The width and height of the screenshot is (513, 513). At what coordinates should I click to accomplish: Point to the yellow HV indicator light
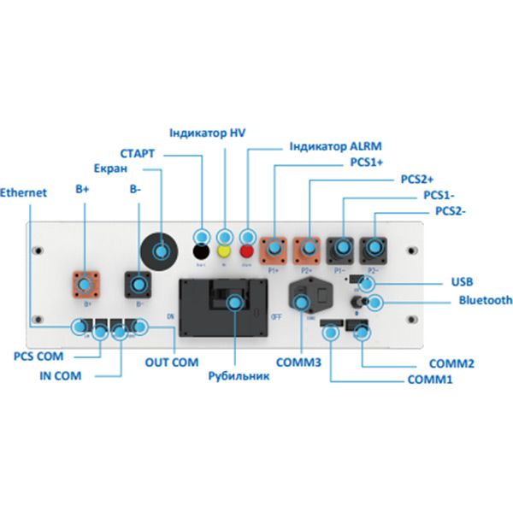(x=224, y=252)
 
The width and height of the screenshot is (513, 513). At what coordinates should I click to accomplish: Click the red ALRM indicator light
(x=248, y=252)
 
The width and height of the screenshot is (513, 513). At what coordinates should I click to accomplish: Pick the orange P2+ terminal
(x=308, y=249)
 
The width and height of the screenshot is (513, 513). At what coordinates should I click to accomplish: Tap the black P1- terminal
(x=341, y=249)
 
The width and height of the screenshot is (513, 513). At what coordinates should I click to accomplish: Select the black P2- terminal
(x=373, y=249)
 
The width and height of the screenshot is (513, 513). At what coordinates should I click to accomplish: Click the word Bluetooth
(x=485, y=300)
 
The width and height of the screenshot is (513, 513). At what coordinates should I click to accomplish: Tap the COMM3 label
(x=300, y=363)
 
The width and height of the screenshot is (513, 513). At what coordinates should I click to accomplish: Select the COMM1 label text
(x=430, y=379)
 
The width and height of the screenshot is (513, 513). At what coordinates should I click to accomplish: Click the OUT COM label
(x=171, y=363)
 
